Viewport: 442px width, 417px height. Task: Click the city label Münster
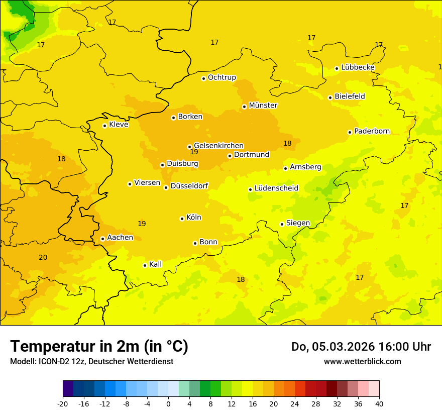(263, 106)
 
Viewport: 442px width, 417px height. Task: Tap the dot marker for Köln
(182, 219)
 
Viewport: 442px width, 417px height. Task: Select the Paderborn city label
(372, 131)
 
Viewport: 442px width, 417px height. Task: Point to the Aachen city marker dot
(102, 239)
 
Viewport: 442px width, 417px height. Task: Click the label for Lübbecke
(358, 67)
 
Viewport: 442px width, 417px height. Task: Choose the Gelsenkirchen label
(218, 146)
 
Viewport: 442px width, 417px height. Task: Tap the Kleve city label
(119, 125)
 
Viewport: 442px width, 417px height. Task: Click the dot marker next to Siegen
(282, 224)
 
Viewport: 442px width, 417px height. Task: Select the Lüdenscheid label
(276, 188)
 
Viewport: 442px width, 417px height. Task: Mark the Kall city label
(155, 264)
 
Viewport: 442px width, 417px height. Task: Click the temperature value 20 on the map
(43, 257)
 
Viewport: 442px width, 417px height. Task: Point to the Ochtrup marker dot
(203, 78)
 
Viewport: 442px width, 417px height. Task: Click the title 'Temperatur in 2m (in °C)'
(99, 346)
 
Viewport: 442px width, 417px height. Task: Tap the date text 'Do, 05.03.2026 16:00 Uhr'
(361, 347)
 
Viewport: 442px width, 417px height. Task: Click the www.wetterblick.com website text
(362, 362)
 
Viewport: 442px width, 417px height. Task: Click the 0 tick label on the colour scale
(168, 404)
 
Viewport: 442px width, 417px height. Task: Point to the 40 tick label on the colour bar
(379, 404)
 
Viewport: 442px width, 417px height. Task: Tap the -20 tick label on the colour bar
(63, 404)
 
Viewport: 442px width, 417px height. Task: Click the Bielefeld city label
(350, 96)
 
